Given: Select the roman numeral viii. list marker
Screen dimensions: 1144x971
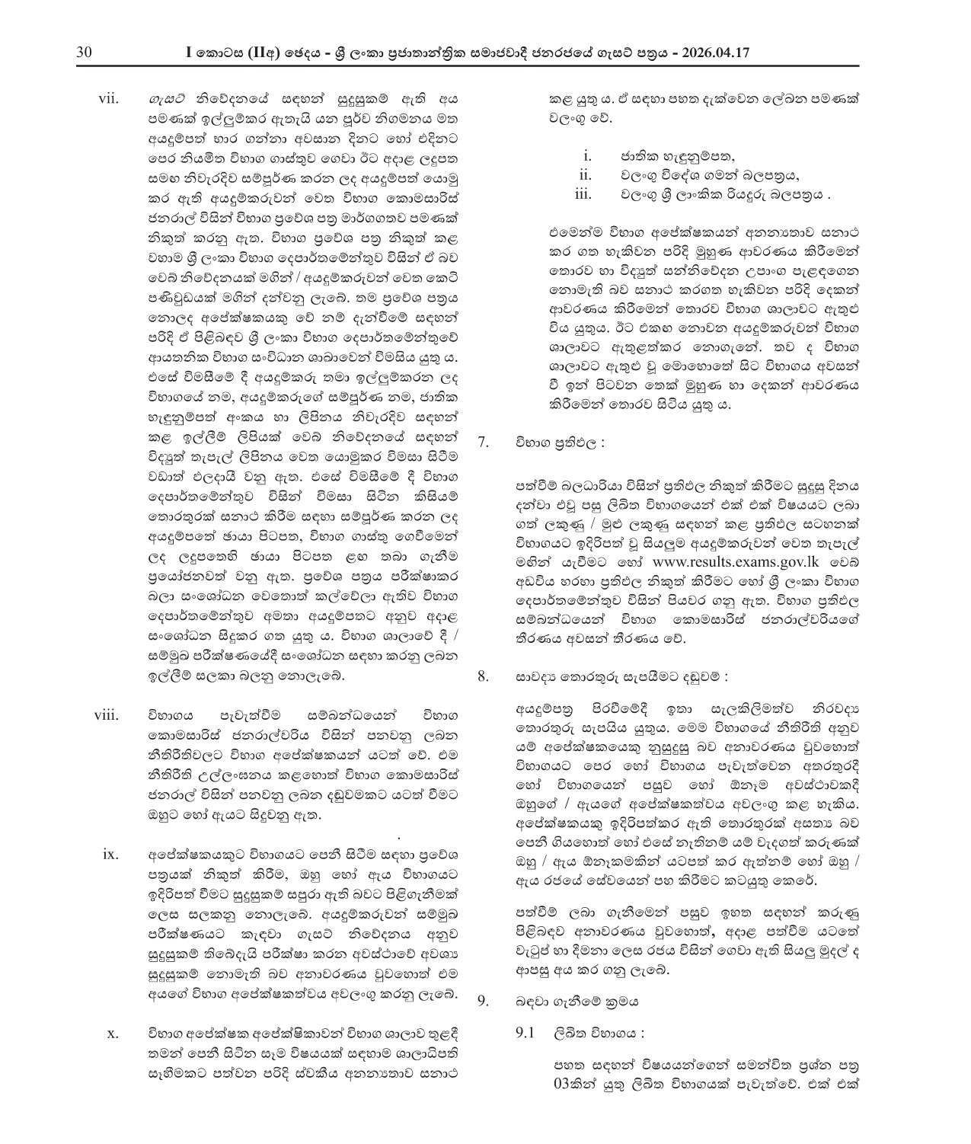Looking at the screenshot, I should (x=107, y=715).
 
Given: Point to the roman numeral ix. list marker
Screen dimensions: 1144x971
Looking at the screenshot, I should (x=110, y=854).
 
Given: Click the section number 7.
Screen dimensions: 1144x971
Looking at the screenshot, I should (x=483, y=441).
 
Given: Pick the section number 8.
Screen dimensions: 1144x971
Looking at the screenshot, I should (x=483, y=676).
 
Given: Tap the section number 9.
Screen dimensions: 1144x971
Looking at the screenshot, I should (x=483, y=1001).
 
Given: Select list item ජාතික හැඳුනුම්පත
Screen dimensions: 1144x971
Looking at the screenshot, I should (x=667, y=158).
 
